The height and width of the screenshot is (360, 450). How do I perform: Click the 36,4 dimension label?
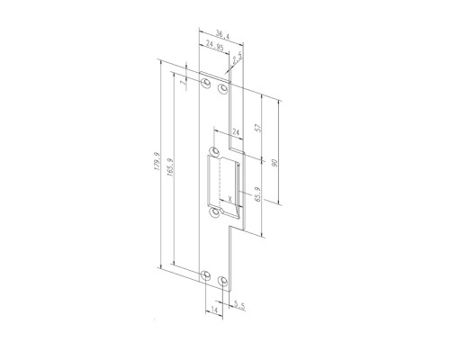(223, 36)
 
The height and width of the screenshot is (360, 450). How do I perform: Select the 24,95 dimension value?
(215, 47)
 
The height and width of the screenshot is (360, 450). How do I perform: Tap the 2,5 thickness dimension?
(237, 58)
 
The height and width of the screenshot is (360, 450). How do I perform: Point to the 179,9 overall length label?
(157, 162)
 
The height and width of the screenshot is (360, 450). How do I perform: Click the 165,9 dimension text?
(170, 167)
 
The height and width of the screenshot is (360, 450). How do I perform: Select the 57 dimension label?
(258, 128)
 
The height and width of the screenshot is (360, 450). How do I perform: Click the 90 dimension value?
(274, 163)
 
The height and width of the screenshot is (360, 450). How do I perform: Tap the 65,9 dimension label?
(258, 194)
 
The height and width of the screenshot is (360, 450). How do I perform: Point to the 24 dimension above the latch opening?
(236, 132)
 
